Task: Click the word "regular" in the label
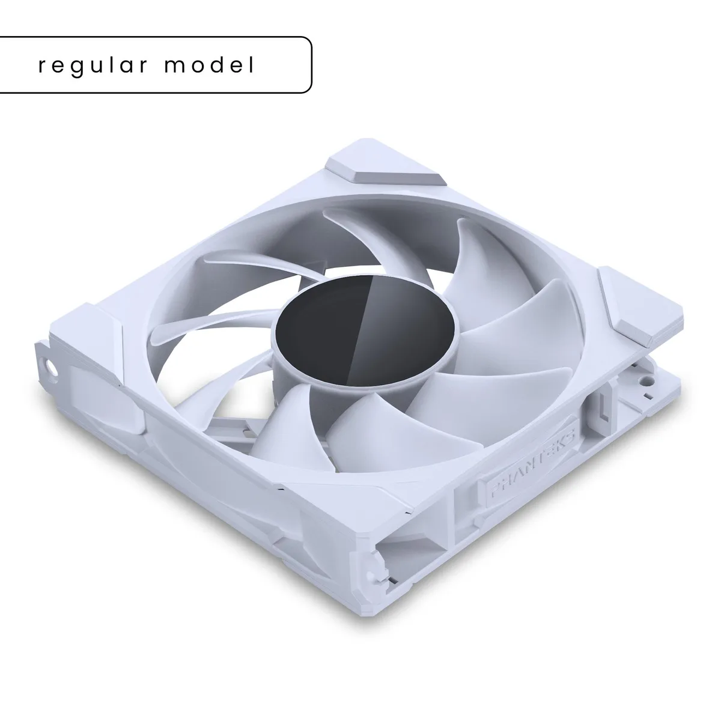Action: [93, 66]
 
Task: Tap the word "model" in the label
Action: [210, 64]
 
